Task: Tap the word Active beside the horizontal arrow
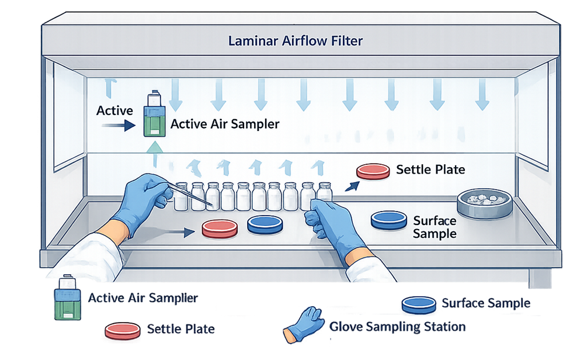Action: coord(114,110)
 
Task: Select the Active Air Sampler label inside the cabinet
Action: coord(225,124)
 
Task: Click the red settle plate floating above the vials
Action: coord(373,171)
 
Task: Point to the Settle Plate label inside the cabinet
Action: coord(430,169)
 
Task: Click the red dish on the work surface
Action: coord(220,228)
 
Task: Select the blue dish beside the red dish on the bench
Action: coord(266,224)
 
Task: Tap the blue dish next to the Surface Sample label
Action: coord(389,219)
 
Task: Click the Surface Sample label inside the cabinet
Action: coord(434,227)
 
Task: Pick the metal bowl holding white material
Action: coord(485,202)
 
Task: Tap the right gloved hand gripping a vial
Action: coord(329,222)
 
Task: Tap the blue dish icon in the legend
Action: coord(419,304)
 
